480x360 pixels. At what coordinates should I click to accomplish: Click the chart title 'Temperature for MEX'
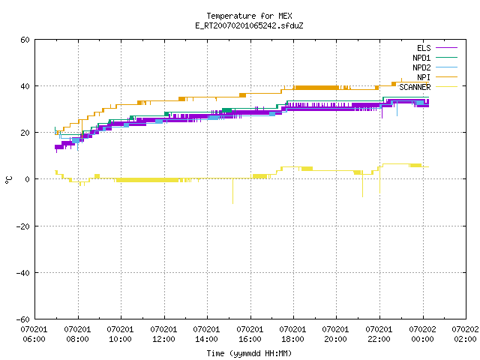pos(249,16)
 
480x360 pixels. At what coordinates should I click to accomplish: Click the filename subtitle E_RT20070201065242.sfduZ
pos(249,25)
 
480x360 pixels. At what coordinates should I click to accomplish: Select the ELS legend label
pos(424,48)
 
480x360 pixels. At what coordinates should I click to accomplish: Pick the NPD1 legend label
pos(421,58)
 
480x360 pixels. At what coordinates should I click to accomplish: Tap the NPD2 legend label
pos(421,67)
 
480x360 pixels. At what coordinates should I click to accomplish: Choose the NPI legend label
pos(424,77)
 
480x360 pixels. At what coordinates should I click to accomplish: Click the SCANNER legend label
pos(415,87)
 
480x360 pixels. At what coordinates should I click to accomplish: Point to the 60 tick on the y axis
pos(25,40)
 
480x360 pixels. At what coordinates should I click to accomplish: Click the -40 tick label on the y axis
pos(23,273)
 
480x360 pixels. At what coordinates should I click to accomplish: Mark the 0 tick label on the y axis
pos(28,179)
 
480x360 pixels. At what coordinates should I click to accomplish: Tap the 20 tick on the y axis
pos(25,133)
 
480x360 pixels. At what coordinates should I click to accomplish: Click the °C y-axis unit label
pos(8,180)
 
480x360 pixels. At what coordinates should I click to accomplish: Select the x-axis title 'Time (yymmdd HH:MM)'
pos(249,353)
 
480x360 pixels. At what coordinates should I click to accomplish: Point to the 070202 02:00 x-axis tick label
pos(465,334)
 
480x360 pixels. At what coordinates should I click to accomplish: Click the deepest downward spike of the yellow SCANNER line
pos(232,203)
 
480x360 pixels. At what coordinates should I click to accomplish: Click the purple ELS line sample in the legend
pos(447,48)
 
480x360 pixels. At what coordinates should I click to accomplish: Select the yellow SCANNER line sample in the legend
pos(447,87)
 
